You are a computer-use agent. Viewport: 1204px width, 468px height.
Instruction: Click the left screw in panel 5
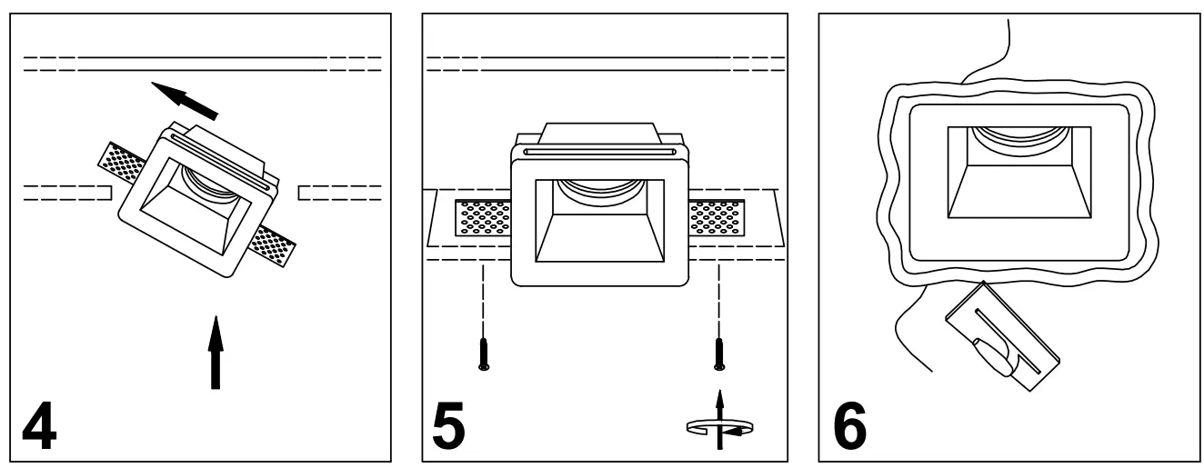[484, 353]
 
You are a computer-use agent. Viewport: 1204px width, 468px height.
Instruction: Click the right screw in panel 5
[718, 353]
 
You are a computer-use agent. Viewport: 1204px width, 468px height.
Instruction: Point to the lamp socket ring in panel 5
[600, 188]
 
